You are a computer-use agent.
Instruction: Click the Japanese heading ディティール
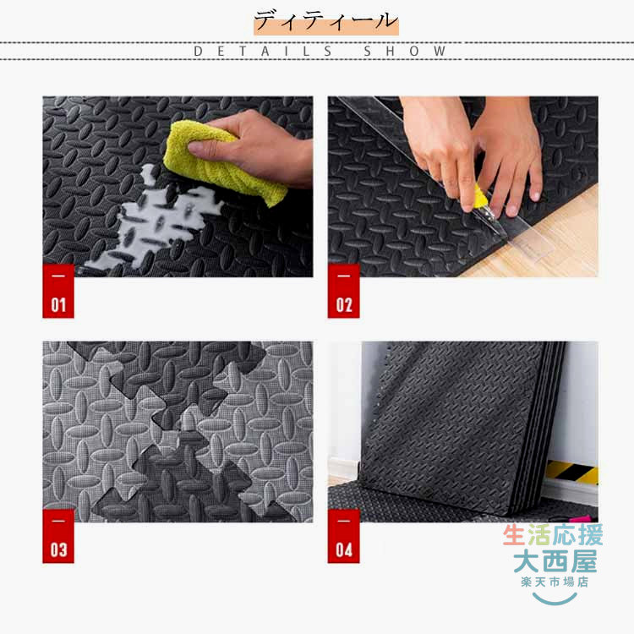[326, 21]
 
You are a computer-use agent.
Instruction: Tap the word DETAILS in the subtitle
[263, 52]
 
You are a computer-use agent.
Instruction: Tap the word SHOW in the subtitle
[404, 52]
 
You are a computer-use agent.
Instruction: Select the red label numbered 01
[58, 291]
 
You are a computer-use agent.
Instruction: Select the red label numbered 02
[344, 291]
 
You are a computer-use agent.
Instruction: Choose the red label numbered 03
[58, 536]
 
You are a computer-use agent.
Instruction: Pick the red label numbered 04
[344, 536]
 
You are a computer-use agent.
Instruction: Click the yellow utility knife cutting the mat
[486, 206]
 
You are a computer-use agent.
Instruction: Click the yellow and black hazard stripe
[572, 472]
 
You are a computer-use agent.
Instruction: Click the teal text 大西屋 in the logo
[555, 561]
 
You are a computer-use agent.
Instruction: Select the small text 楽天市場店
[555, 582]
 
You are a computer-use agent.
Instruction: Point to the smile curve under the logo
[555, 599]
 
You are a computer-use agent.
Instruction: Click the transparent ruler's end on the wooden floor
[533, 243]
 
